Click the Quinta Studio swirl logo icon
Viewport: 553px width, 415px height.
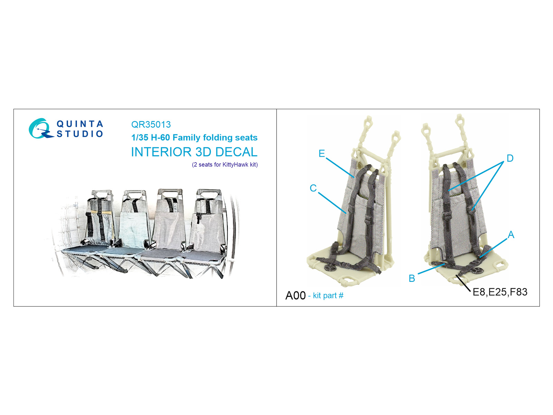(x=40, y=129)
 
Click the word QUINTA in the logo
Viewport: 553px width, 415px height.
(x=80, y=124)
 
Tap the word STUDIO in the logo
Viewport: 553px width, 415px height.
(x=80, y=134)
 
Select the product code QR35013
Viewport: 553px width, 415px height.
(x=151, y=124)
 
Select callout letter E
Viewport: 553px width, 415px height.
(x=322, y=154)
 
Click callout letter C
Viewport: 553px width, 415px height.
(x=313, y=188)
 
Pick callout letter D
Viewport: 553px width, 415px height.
(x=510, y=158)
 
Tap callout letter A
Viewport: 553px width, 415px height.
(x=511, y=234)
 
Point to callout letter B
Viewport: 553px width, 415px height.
(x=412, y=278)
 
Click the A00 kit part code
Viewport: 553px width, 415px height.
(x=295, y=296)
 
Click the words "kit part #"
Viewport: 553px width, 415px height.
(x=328, y=296)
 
